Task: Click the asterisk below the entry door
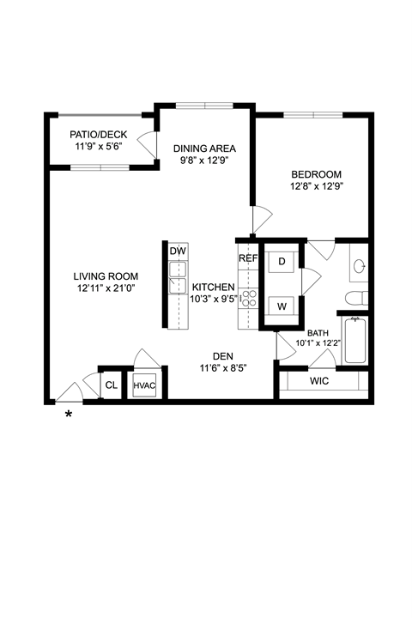(69, 415)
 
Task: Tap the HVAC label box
(144, 385)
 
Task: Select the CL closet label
(112, 385)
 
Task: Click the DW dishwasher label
(178, 251)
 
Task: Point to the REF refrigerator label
(248, 258)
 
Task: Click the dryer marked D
(282, 262)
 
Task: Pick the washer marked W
(282, 306)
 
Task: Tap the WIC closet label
(319, 381)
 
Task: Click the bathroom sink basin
(360, 266)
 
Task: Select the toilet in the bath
(357, 299)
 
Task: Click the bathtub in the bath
(355, 340)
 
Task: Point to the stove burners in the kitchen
(249, 299)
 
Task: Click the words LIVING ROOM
(106, 276)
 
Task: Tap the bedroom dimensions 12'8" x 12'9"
(316, 186)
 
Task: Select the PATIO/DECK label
(99, 135)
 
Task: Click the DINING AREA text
(204, 148)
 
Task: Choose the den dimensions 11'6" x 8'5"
(223, 368)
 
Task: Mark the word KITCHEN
(213, 287)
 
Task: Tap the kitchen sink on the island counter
(178, 278)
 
